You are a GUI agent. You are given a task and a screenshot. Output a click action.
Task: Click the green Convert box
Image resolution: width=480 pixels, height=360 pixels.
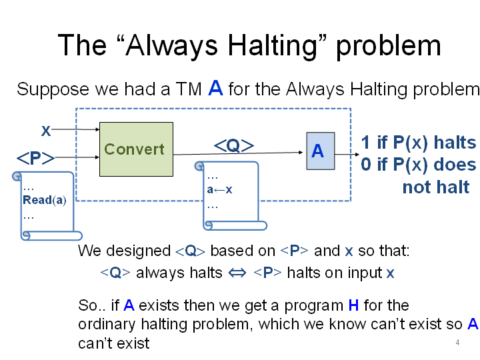(136, 149)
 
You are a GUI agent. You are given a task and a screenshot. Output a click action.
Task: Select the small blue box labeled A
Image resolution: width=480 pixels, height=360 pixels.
(321, 151)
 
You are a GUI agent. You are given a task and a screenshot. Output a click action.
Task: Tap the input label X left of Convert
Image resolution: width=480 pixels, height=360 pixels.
(46, 131)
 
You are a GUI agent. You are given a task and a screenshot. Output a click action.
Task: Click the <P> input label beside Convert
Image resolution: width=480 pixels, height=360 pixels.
(35, 158)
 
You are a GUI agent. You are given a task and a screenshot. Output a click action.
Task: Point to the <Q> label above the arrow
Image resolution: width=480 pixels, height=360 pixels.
(234, 145)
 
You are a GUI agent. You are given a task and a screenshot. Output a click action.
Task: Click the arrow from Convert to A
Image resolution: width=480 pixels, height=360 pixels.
(238, 153)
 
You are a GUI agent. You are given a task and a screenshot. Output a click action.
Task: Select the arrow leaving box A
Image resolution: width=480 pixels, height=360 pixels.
(347, 154)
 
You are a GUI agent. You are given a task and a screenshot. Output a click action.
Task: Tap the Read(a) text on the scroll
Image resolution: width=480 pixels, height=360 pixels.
(45, 200)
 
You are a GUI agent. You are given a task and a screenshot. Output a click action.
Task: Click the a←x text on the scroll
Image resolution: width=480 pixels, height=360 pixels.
(219, 190)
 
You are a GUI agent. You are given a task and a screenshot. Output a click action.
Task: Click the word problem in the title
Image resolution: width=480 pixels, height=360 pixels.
(389, 45)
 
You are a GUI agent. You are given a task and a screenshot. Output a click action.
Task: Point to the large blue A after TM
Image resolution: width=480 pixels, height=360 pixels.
(215, 88)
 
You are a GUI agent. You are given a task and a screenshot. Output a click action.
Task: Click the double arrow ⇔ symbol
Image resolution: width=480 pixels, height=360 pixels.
(237, 273)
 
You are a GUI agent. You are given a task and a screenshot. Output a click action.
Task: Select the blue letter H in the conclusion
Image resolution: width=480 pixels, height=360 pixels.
(353, 305)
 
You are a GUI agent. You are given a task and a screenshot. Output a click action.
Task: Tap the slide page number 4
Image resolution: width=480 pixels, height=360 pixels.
(457, 343)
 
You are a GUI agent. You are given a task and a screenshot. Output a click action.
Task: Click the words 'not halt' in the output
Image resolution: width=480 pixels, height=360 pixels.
(436, 187)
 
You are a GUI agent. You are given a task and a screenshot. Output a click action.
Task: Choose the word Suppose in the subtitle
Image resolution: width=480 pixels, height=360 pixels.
(53, 90)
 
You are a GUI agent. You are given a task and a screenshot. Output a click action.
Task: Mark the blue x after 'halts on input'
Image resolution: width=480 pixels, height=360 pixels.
(390, 273)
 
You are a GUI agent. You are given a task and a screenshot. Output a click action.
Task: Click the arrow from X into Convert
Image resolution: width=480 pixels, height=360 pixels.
(75, 129)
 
